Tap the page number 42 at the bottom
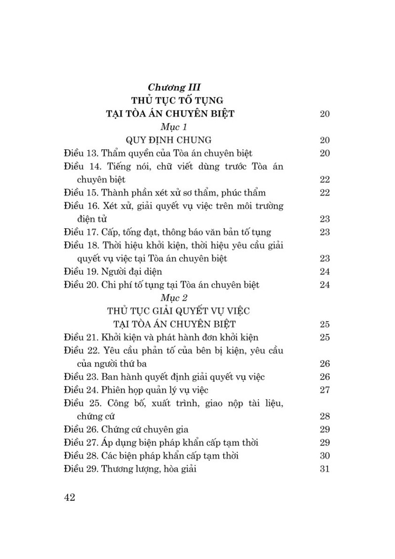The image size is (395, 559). coord(69,497)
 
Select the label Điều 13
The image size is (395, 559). coord(81,153)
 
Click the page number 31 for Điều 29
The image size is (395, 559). coord(324,469)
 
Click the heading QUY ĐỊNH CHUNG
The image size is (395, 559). coord(169,140)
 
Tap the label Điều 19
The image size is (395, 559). coord(81,271)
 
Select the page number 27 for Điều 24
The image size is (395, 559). coord(324,390)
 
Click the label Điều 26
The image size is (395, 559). coord(81,430)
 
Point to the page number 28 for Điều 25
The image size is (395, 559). coord(324,416)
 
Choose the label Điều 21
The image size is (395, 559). coord(81,337)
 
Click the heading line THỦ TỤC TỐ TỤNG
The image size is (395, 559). coord(170,101)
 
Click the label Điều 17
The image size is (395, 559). coord(81,232)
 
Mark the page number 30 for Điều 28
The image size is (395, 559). coord(324,456)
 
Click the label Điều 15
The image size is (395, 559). coord(81,192)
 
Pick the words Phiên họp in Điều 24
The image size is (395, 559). coord(120,390)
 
